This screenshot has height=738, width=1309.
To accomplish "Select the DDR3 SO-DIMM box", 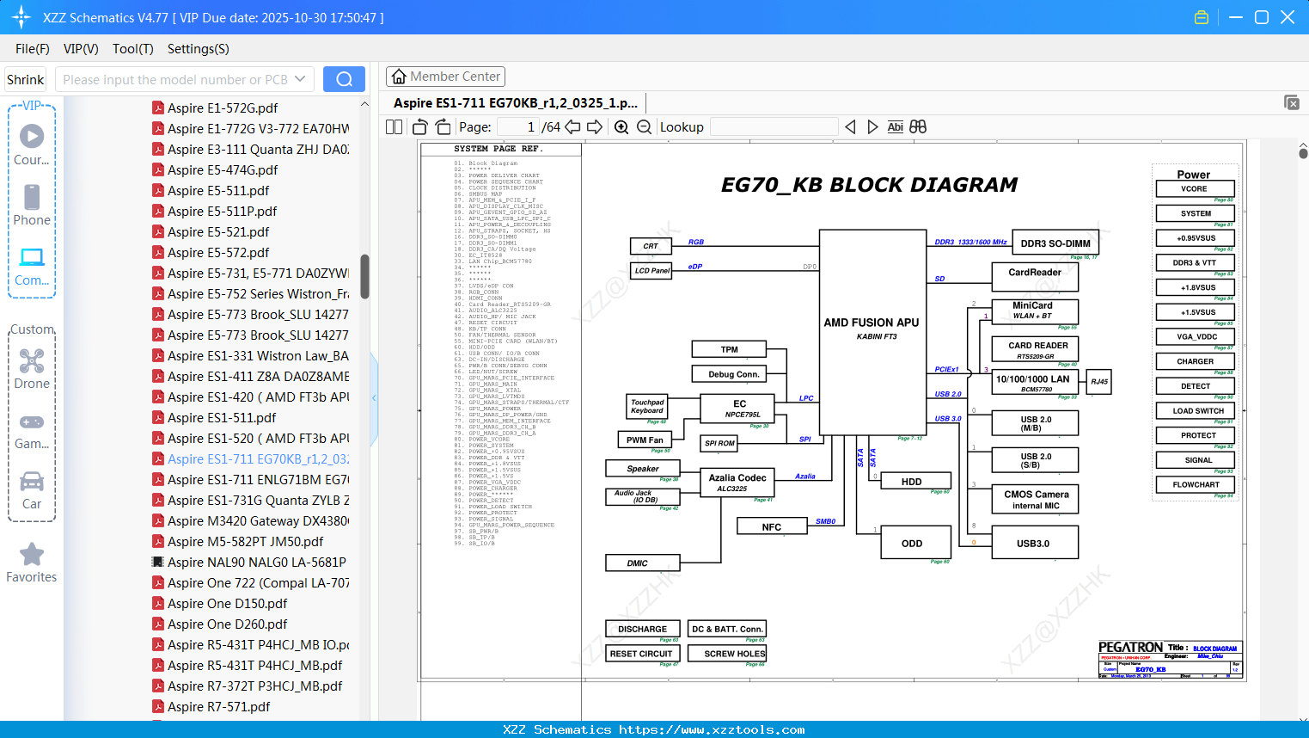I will [1055, 243].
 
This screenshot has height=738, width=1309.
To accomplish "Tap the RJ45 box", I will [1098, 381].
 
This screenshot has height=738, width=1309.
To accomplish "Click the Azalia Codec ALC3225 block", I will [737, 483].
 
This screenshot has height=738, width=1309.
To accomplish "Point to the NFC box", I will [772, 527].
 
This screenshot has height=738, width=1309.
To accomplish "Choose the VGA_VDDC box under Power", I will [1195, 336].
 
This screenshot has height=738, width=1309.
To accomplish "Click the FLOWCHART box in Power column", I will [1195, 484].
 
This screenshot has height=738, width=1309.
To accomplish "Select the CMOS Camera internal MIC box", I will [1035, 500].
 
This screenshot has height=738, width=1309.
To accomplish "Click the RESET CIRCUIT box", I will [641, 654].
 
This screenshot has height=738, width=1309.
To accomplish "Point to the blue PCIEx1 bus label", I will [946, 369].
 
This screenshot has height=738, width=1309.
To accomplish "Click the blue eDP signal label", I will [694, 267].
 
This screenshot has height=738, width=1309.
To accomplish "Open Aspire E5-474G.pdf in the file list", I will [223, 170].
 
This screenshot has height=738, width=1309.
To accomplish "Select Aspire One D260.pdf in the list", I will [227, 624].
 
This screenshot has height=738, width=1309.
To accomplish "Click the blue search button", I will [344, 79].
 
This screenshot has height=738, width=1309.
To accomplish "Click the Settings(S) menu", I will [198, 49].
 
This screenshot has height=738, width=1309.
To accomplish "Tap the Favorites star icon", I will [32, 555].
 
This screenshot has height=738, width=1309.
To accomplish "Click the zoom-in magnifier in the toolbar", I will [621, 127].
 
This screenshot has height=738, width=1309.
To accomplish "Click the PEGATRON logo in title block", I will [1129, 648].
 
